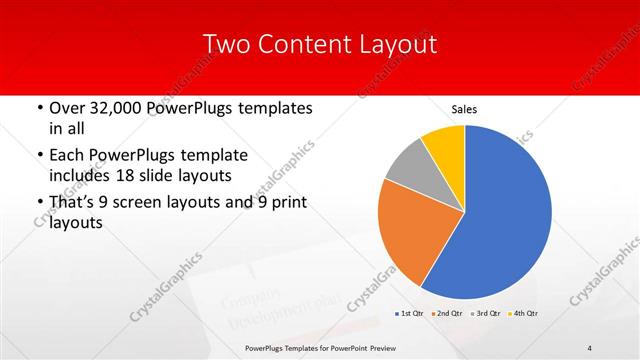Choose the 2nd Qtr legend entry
(x=447, y=314)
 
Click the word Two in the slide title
(x=226, y=44)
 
